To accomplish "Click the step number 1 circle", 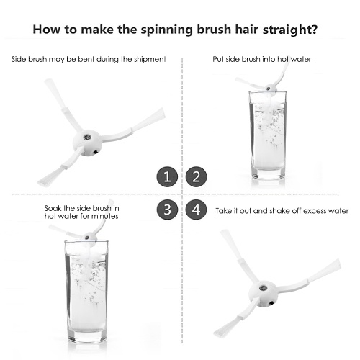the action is pos(167,177).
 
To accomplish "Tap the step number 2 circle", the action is pos(196,177).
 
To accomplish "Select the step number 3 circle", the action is pos(167,210).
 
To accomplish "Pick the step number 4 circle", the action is pos(196,210).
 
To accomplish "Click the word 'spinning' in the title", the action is pos(166,30).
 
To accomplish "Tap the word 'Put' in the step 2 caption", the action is pos(218,59).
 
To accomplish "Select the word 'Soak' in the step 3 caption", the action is pos(53,208).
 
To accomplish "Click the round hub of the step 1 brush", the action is pos(87,143).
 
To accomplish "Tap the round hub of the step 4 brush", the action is pos(264,294).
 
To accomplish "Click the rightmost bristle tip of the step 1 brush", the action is pos(163,113).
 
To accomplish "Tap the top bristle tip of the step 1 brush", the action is pos(48,81).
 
